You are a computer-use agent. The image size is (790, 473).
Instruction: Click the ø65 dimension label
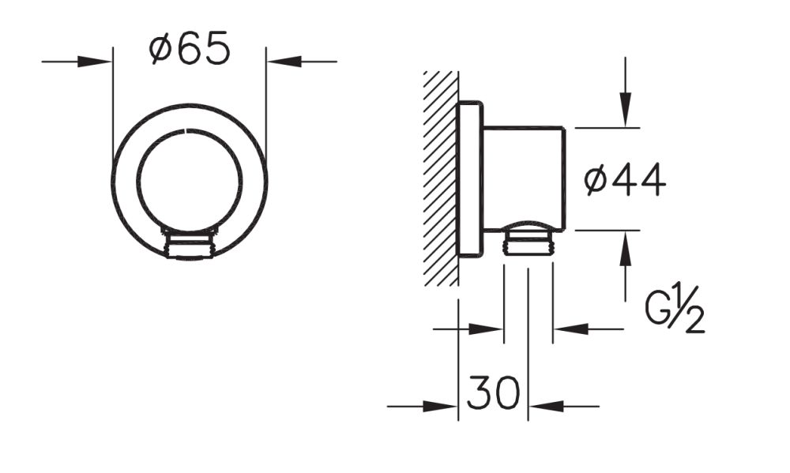coord(190,51)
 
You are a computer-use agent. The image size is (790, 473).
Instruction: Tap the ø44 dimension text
coord(625,181)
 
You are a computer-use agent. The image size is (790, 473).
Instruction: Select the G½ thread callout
coord(674,311)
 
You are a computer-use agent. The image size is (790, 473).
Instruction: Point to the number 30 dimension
coord(493,392)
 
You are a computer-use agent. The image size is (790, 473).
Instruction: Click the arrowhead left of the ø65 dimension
coord(96,61)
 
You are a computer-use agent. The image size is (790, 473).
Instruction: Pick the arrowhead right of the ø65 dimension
coord(284,61)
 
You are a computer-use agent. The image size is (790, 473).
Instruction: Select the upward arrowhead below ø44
coord(626,249)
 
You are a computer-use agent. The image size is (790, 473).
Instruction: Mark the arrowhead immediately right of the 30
coord(545,407)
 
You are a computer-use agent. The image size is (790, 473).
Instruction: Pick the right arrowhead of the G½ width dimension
coord(570,328)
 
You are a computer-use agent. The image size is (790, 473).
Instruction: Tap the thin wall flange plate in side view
coord(469,179)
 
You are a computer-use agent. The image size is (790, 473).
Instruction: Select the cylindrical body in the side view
coord(523,178)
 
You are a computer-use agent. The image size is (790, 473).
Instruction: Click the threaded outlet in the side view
coord(529,240)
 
